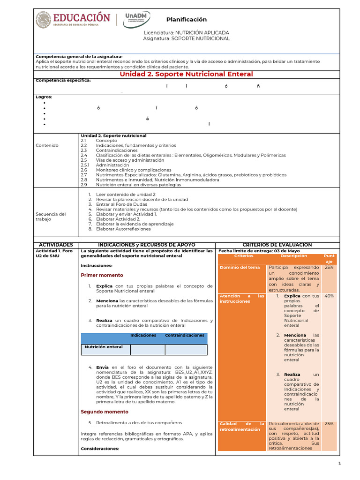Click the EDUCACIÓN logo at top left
[73, 19]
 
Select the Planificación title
[186, 19]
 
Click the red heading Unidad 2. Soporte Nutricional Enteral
[186, 74]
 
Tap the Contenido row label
[47, 145]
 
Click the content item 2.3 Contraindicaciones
[114, 150]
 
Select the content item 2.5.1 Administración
[112, 165]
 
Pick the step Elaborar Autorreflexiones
[123, 229]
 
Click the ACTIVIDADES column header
[56, 245]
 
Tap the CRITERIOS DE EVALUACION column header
[277, 245]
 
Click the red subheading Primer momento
[102, 275]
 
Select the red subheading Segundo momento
[104, 412]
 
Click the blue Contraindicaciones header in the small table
[185, 336]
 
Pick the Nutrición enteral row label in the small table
[103, 347]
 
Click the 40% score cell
[329, 296]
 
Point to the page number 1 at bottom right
[339, 463]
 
